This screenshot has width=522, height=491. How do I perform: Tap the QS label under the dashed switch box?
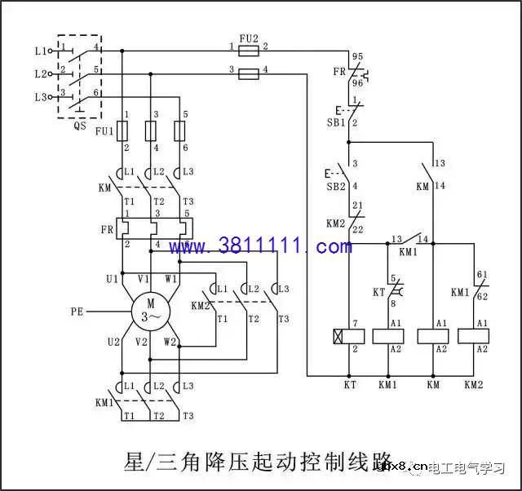[79, 126]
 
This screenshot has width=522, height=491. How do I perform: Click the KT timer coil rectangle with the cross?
[349, 335]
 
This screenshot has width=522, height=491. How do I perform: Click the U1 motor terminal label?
[112, 279]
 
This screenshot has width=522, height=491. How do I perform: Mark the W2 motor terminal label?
[170, 342]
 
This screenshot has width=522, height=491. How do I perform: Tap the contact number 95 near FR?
[356, 55]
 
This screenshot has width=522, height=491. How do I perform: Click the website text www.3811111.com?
[260, 245]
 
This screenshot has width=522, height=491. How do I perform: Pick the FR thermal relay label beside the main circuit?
[107, 230]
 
